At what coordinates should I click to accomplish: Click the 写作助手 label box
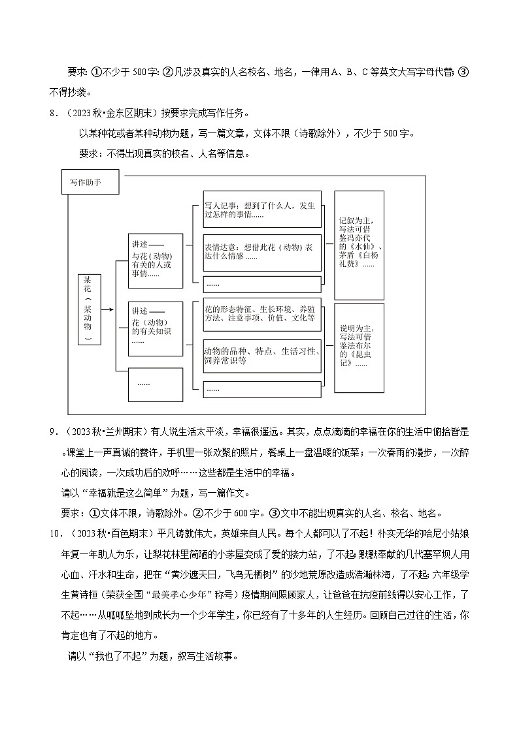(x=90, y=183)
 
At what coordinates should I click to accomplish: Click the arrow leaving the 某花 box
(x=108, y=308)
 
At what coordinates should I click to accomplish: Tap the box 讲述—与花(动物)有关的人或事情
(x=155, y=259)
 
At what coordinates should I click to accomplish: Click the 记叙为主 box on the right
(x=358, y=244)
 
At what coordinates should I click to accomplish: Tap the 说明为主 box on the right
(x=358, y=347)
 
